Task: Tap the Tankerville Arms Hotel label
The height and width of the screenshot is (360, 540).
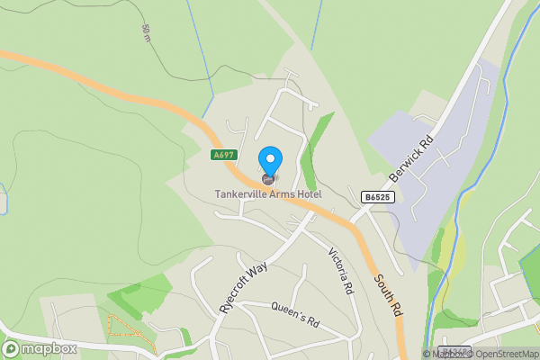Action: (267, 193)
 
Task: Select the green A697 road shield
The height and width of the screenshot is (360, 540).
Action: (223, 155)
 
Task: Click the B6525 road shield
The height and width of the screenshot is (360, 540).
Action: (379, 194)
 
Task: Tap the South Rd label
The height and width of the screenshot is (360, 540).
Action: (387, 296)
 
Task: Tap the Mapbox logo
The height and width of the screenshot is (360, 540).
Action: (40, 348)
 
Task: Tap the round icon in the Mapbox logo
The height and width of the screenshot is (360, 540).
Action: (13, 348)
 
